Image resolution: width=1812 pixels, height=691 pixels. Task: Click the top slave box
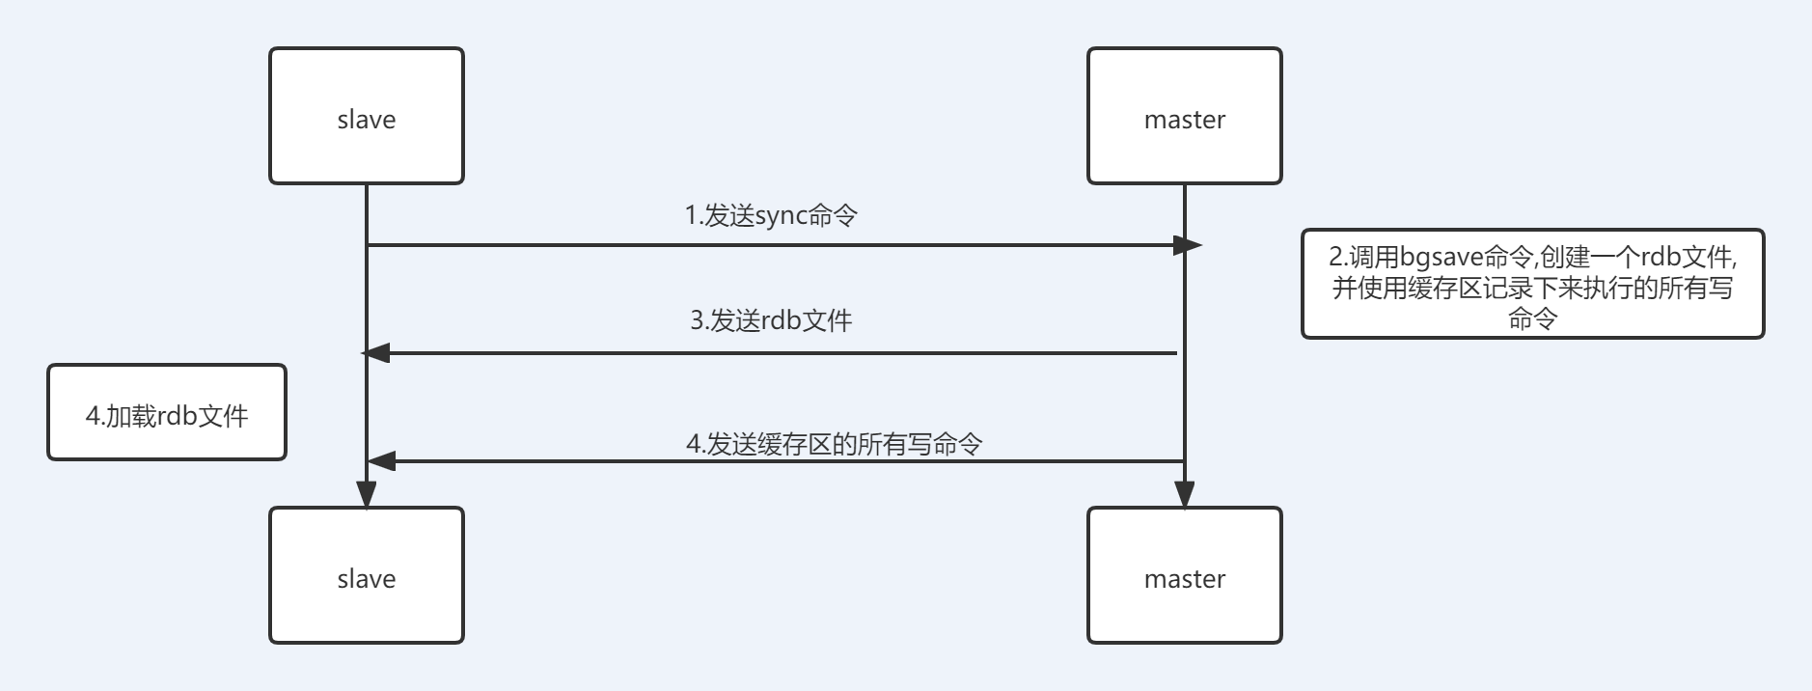(366, 116)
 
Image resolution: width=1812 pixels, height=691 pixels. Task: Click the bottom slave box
(366, 575)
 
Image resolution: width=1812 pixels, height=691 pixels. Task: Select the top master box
(1184, 116)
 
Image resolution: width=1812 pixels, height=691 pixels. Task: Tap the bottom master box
(1184, 575)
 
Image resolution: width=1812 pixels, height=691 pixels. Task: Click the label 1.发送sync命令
(771, 215)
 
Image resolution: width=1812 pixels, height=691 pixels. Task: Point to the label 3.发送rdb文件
(771, 320)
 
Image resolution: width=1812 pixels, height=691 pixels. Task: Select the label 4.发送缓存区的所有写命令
(834, 444)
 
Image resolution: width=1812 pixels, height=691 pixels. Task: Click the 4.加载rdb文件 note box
(167, 412)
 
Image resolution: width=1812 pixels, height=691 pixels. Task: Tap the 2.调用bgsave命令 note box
(1532, 284)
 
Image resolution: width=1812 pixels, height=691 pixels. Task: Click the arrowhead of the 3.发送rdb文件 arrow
(376, 353)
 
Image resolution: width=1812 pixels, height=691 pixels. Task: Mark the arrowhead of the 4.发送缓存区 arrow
(381, 461)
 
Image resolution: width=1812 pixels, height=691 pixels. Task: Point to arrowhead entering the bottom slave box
(367, 494)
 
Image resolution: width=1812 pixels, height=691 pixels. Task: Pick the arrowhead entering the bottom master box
(1184, 494)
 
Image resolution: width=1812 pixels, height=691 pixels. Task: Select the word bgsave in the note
(1441, 258)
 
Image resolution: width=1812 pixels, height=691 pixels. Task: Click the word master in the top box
(1184, 120)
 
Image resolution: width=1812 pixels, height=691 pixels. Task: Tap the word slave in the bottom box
(366, 579)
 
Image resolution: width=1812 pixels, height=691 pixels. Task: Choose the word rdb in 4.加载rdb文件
(177, 416)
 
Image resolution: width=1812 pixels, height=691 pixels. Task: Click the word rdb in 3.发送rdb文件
(782, 320)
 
